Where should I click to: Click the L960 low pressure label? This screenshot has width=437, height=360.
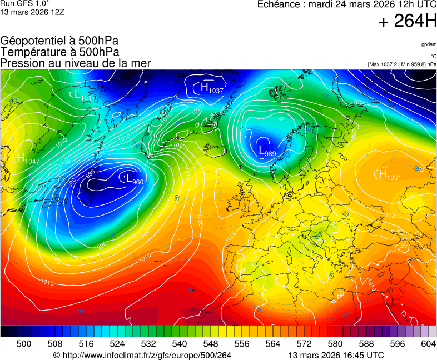pos(135,180)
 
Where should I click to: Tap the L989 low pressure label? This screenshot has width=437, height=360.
pos(267,150)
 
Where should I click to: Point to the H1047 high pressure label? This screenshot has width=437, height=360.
pos(28,158)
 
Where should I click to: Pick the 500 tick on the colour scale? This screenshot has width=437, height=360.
pos(24,344)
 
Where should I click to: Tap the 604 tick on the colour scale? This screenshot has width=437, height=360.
pos(428,344)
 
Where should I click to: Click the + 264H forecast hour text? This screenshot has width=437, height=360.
pos(407,22)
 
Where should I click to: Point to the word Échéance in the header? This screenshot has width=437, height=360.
pos(280,4)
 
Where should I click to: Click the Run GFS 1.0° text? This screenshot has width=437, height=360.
pos(21,4)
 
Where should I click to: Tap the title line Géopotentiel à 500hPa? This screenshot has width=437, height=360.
pos(59,41)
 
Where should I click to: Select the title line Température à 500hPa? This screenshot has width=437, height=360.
pos(59,52)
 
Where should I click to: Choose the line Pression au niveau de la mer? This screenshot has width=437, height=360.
pos(76,63)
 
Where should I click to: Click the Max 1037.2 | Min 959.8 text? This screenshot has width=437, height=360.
pos(402,64)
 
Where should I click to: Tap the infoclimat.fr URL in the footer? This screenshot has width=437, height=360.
pos(146,355)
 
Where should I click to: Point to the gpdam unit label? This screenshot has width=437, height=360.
pos(429,44)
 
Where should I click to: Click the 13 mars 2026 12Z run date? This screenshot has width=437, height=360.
pos(32,12)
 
